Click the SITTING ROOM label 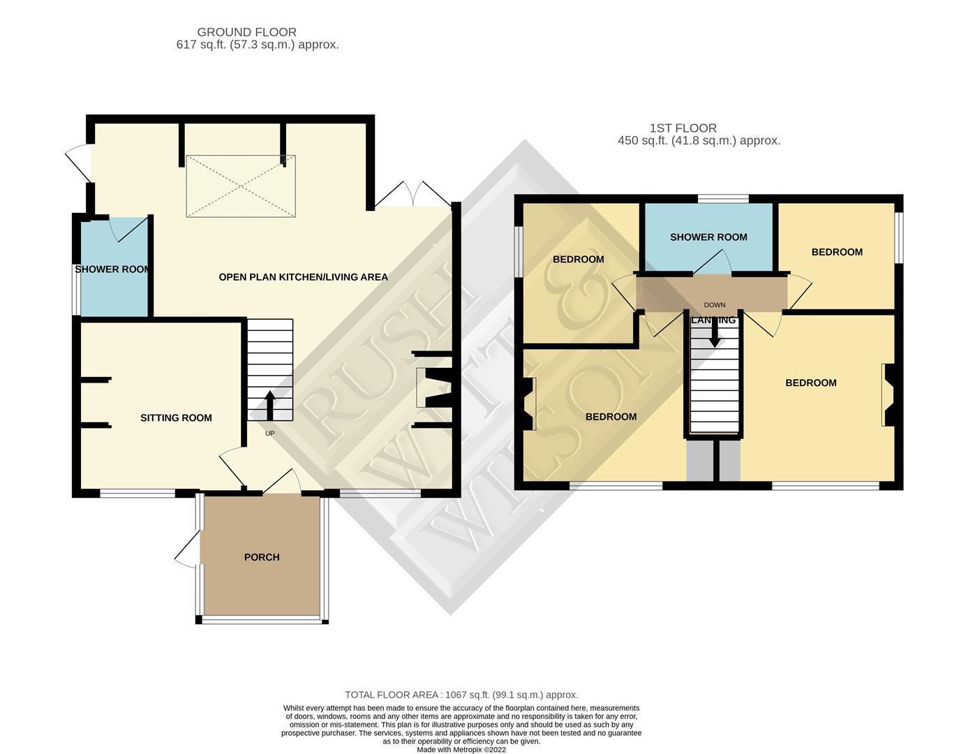coord(176,417)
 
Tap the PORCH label coord(262,557)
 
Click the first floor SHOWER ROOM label coord(708,237)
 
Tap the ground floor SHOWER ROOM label coord(112,269)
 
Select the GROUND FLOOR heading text coord(246,32)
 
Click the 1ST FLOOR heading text coord(683,128)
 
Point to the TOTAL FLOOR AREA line coord(461,695)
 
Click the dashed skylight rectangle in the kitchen coord(241,186)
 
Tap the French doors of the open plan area coord(413,195)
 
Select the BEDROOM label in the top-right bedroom coord(837,252)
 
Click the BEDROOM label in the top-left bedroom coord(578,260)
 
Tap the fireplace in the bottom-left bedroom coord(527,403)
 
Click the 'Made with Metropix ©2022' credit coord(461,750)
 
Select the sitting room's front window coord(137,494)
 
